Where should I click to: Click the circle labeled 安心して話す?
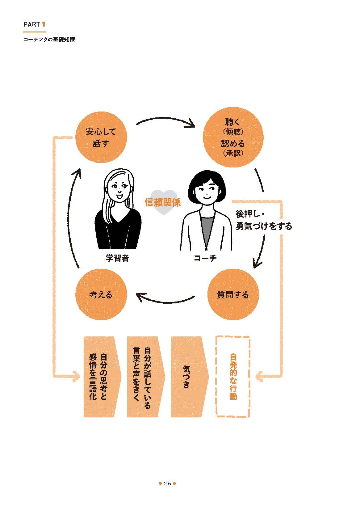(101, 137)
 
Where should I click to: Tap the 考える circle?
(101, 295)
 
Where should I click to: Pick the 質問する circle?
(233, 295)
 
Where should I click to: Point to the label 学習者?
(117, 258)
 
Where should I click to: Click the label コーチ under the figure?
(205, 258)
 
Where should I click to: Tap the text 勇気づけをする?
(264, 226)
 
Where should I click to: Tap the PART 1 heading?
(35, 24)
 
